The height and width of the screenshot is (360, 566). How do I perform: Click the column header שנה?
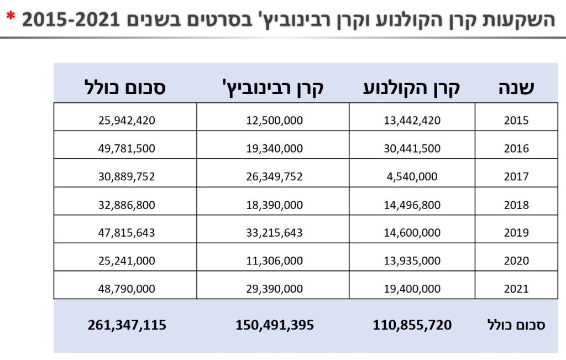[x=516, y=87]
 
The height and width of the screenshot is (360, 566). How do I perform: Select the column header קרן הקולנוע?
[x=412, y=87]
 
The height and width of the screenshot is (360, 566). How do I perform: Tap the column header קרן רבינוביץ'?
[x=272, y=87]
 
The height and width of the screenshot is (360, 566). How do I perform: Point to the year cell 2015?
[x=516, y=121]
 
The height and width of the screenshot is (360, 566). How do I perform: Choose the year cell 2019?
[x=516, y=232]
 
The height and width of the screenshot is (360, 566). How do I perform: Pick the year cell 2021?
[x=516, y=289]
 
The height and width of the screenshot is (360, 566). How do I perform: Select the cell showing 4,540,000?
[x=412, y=177]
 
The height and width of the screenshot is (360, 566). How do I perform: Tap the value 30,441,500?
[x=412, y=149]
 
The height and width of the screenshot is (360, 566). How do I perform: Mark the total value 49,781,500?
[x=127, y=149]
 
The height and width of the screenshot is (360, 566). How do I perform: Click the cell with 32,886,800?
[x=127, y=205]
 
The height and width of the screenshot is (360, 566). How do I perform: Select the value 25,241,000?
[x=127, y=260]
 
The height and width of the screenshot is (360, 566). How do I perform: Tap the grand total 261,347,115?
[x=127, y=325]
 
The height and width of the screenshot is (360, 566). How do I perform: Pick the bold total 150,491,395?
[x=274, y=325]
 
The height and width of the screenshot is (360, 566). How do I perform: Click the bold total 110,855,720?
[x=412, y=325]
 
